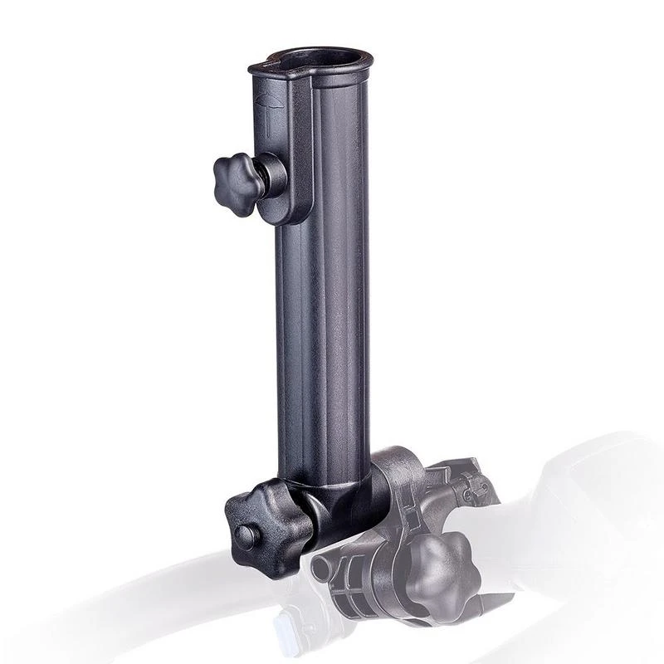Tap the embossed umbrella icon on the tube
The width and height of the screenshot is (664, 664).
[268, 111]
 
